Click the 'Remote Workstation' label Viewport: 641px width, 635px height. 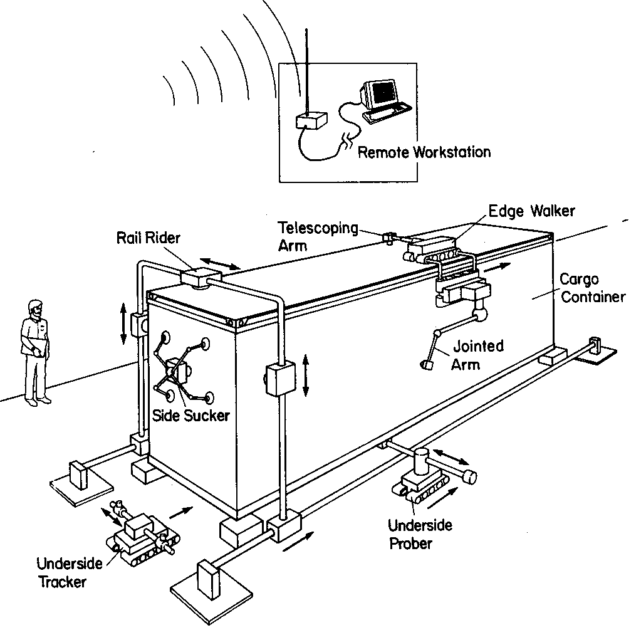tap(424, 152)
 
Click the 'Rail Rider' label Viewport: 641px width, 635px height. tap(148, 238)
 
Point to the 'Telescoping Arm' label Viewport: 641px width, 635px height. tap(317, 236)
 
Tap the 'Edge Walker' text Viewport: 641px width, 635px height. tap(531, 211)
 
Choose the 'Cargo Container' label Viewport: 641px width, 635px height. tap(592, 288)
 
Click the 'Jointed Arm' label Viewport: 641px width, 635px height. tap(477, 355)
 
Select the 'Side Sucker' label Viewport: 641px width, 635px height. tap(192, 414)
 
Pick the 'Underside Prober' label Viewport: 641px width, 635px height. tap(419, 533)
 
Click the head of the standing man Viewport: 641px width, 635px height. tap(35, 309)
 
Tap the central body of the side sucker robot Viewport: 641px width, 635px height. tap(178, 370)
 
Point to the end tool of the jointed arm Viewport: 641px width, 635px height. tap(428, 364)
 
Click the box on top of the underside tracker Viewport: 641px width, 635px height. tap(140, 527)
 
